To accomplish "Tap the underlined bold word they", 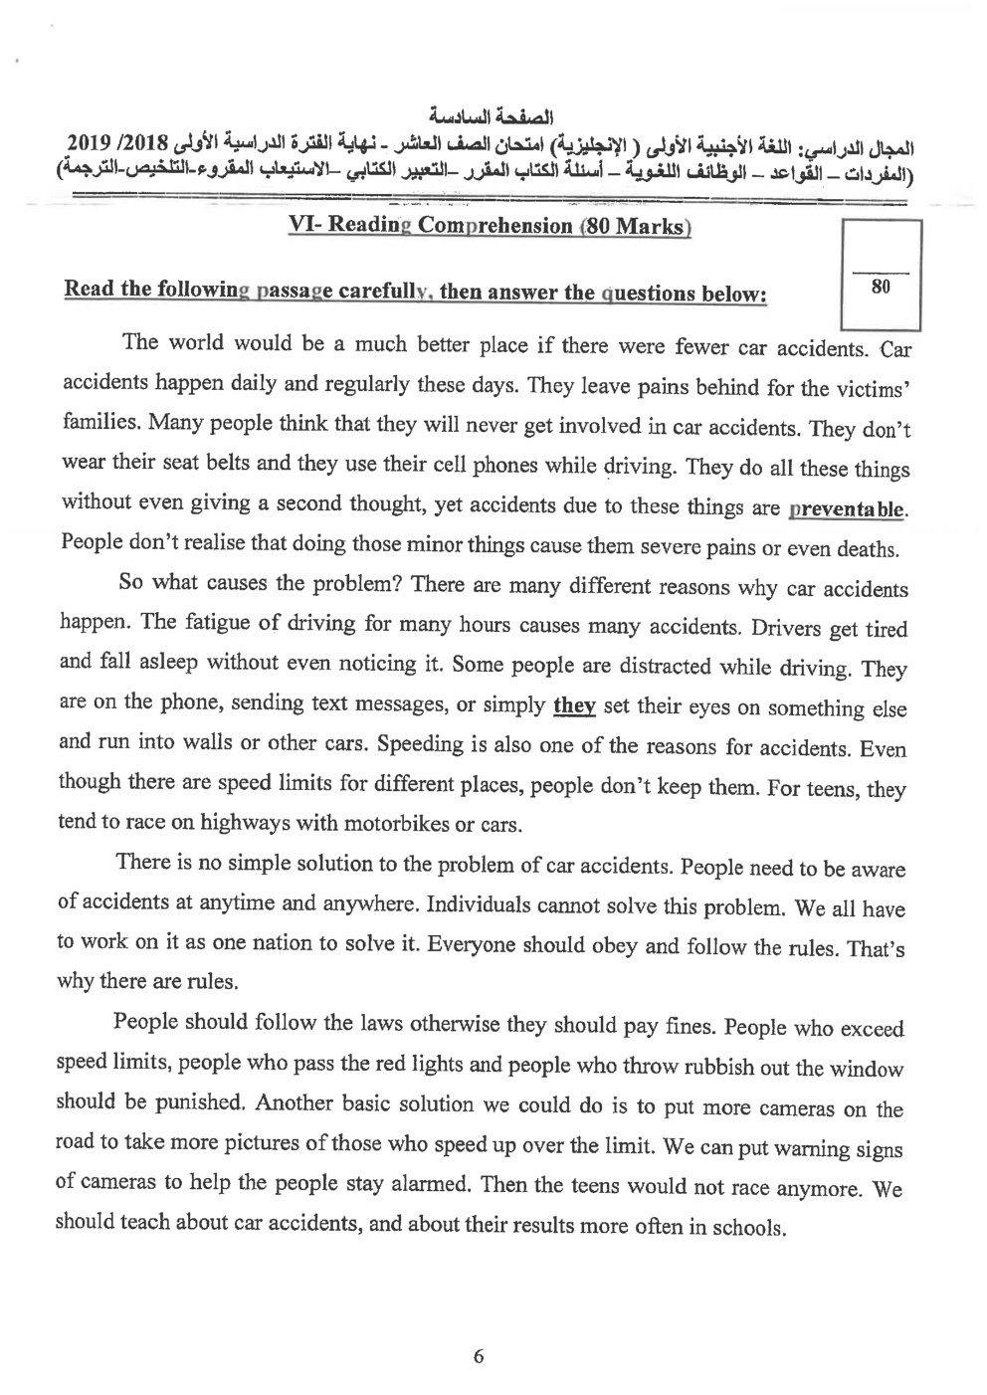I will pos(574,706).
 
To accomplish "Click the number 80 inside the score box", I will pos(880,287).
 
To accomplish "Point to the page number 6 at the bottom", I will pos(479,1356).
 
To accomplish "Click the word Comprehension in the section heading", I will pos(494,225).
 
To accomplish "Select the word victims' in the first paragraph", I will pos(871,389).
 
